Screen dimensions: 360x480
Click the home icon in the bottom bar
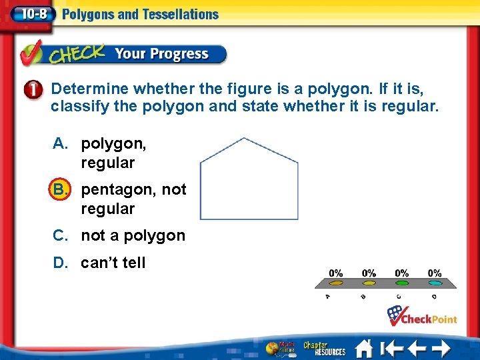click(363, 349)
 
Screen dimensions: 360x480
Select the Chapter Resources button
click(325, 348)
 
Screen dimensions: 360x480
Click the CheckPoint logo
click(423, 315)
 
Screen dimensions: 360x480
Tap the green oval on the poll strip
click(401, 283)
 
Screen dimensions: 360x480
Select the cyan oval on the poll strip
click(435, 283)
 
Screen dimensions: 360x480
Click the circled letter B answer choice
click(60, 189)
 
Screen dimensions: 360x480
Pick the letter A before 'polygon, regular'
click(60, 143)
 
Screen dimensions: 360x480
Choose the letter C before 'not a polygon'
click(60, 235)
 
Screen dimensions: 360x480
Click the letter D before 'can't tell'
click(60, 263)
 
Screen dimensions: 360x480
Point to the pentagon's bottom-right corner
click(298, 219)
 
